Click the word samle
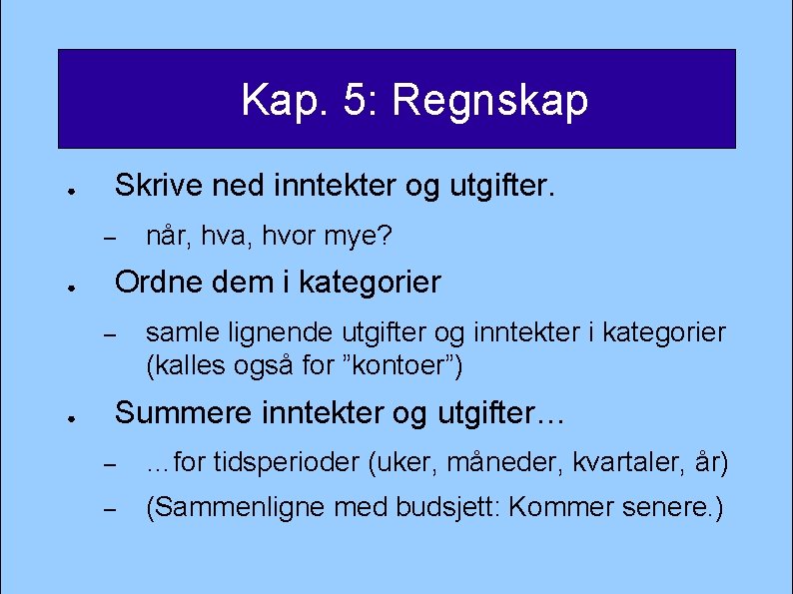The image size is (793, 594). click(x=178, y=331)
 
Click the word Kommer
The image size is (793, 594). click(x=560, y=507)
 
